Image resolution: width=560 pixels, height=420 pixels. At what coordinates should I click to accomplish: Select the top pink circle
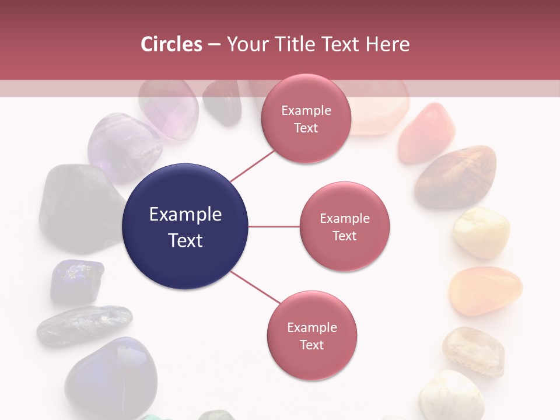(x=306, y=119)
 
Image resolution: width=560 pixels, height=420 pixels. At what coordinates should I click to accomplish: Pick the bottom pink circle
(x=311, y=335)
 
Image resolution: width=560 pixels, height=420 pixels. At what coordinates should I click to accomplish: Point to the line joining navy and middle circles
(x=274, y=226)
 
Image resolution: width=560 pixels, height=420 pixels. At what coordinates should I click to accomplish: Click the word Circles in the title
(x=171, y=44)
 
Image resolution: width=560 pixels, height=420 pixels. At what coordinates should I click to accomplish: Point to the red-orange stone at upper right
(x=426, y=132)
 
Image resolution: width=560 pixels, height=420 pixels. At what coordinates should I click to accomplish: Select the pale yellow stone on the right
(x=481, y=233)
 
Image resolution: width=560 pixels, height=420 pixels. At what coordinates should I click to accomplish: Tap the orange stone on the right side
(x=485, y=290)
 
